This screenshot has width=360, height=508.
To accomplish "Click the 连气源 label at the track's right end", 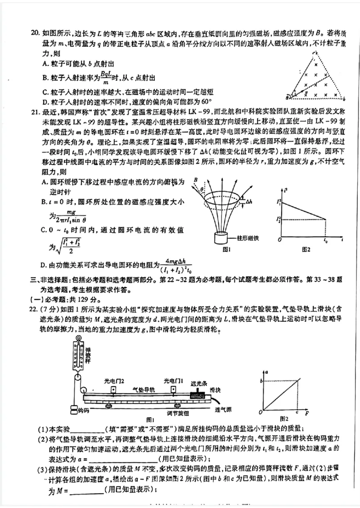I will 223,410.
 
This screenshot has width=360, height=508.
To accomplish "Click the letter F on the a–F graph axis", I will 307,412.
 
